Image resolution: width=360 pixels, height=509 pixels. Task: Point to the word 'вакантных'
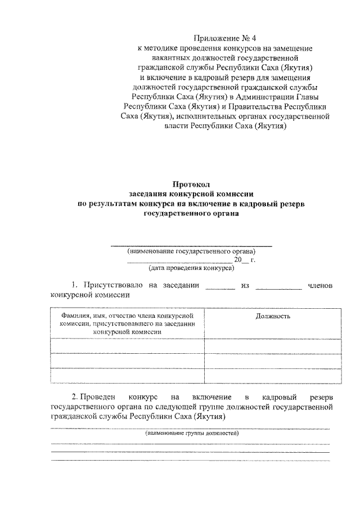170,58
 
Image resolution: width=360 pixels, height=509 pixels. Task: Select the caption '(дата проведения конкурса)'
191,269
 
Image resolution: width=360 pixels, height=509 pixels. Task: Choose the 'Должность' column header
273,317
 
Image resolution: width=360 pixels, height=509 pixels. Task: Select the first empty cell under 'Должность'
273,346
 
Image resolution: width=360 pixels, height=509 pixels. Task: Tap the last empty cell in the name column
127,375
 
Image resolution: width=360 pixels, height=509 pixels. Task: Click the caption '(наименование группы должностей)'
191,434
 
